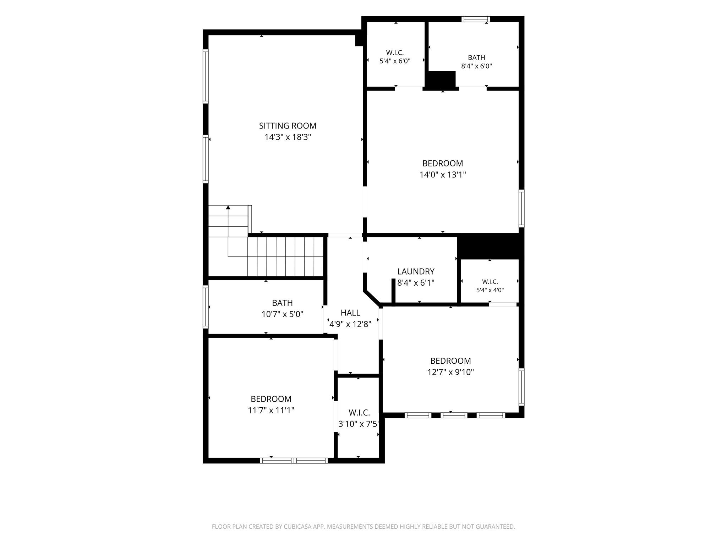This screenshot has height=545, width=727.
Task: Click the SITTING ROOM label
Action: click(x=288, y=126)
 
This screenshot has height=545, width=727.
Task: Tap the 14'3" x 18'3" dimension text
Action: click(x=288, y=137)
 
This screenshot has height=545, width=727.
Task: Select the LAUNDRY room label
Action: click(x=416, y=271)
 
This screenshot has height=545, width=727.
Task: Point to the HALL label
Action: click(x=350, y=313)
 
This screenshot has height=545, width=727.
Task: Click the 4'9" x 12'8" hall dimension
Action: click(x=350, y=324)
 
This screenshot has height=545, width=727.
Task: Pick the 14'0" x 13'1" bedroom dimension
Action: click(x=443, y=175)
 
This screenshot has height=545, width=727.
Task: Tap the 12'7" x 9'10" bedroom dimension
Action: click(x=450, y=372)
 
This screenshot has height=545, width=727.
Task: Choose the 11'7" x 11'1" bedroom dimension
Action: click(x=271, y=410)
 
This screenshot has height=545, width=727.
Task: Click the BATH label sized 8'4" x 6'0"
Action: click(x=476, y=57)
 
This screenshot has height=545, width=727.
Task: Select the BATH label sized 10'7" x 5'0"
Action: click(x=283, y=303)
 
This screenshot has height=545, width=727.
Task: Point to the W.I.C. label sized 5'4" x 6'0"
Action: click(x=395, y=53)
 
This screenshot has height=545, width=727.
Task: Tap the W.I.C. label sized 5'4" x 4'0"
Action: click(x=490, y=282)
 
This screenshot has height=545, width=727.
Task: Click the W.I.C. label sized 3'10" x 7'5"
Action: click(x=359, y=413)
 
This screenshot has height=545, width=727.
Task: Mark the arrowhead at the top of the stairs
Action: click(x=228, y=207)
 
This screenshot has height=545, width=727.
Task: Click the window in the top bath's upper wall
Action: click(x=476, y=19)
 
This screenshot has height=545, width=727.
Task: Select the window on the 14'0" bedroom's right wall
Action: click(x=521, y=208)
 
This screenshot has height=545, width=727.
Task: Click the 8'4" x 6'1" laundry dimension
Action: click(x=416, y=283)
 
